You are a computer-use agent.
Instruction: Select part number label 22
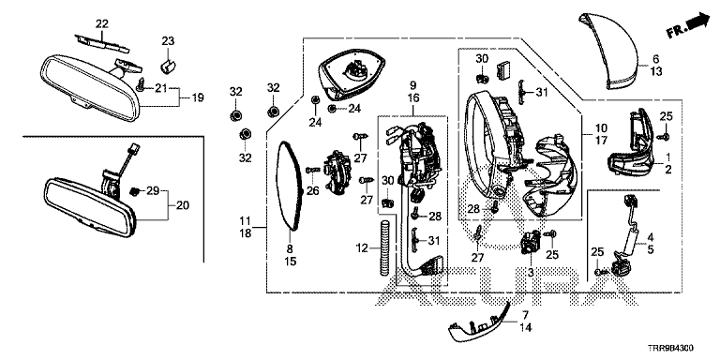102,22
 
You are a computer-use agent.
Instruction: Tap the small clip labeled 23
168,66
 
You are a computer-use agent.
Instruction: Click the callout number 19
198,97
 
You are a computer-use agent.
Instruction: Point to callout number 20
182,205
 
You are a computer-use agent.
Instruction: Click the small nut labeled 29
134,190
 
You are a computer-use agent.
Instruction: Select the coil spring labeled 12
385,248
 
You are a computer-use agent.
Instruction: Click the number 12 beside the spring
363,248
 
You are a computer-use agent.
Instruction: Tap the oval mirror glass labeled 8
291,185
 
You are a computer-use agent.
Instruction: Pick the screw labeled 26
312,170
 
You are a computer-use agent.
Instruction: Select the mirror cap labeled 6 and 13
608,51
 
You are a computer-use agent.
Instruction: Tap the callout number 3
531,273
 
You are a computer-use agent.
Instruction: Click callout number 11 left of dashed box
246,221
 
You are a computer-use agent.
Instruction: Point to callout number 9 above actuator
412,85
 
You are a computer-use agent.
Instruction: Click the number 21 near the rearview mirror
160,88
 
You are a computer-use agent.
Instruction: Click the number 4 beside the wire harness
651,237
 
